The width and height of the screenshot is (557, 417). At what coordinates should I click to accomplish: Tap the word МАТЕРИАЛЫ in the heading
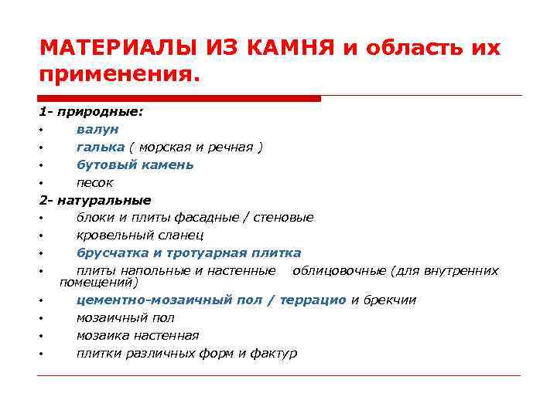tap(118, 48)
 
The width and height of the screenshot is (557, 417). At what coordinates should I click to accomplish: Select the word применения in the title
tap(115, 76)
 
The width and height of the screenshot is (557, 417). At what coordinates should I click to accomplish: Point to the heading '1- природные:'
tap(91, 111)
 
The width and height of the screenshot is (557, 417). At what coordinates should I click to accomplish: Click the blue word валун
tap(97, 129)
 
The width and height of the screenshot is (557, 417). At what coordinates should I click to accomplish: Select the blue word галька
tap(100, 147)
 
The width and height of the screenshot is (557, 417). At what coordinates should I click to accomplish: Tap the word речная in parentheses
tap(233, 147)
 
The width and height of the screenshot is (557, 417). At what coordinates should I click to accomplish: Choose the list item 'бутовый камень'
tap(135, 164)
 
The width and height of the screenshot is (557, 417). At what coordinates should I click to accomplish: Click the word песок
tap(94, 183)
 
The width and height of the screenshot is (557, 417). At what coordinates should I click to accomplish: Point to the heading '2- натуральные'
tap(95, 200)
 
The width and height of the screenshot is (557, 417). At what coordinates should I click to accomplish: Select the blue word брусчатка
tap(111, 253)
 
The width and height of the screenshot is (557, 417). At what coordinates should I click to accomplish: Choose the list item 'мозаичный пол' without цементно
tap(125, 317)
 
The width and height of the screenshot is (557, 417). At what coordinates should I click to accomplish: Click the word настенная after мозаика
tap(166, 335)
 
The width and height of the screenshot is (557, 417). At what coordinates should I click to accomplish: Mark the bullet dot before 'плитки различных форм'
tap(40, 354)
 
